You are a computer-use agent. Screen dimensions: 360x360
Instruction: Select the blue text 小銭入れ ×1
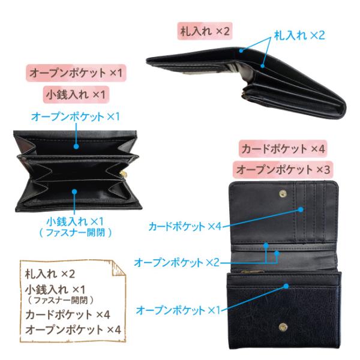coord(76,221)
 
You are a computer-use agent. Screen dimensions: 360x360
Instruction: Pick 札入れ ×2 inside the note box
coord(50,274)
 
